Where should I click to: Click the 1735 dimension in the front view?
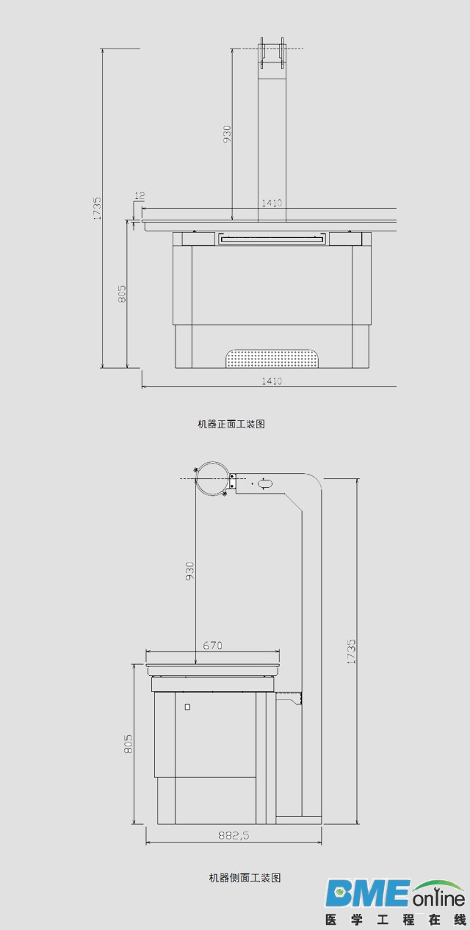coord(97,208)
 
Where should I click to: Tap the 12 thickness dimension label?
coord(140,195)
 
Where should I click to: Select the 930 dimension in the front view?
coord(227,134)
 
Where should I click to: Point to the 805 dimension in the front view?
coord(122,293)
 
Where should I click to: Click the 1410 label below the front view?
coord(272,381)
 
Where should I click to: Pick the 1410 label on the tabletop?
coord(272,203)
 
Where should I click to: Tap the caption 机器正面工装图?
coord(231,424)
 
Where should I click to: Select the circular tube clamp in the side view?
coord(211,478)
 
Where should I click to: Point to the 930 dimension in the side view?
coord(189,571)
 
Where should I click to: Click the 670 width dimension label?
coord(212,645)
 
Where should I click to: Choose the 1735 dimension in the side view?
coord(351,652)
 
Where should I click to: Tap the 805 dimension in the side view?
coord(129,744)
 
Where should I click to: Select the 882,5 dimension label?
coord(234,835)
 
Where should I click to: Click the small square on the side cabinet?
coord(188,707)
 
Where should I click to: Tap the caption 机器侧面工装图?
coord(245,878)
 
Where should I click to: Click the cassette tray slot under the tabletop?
coord(272,239)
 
